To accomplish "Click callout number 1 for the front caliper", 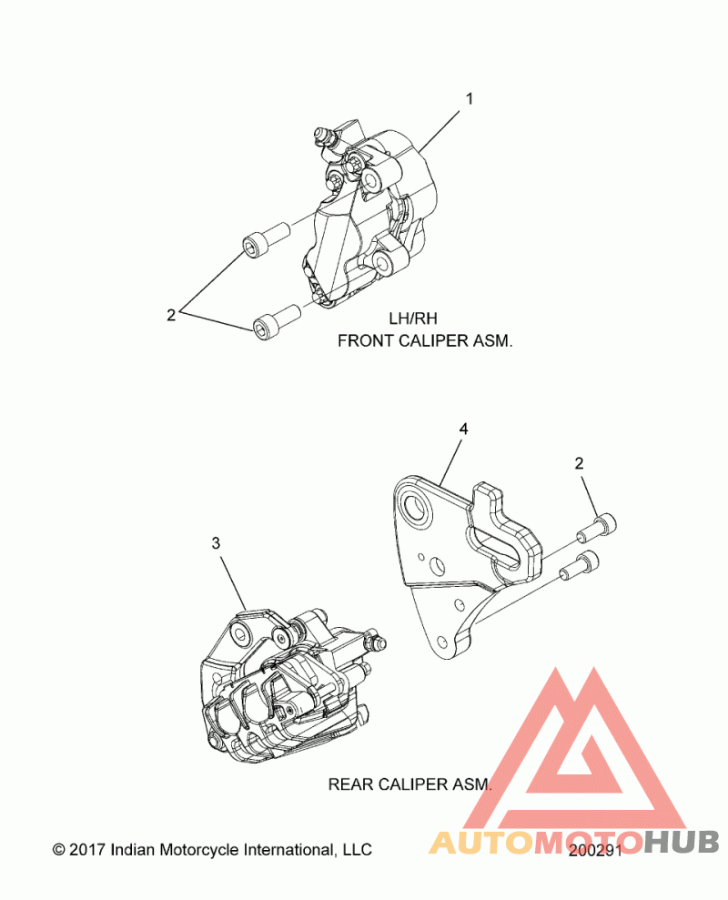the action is tap(469, 99).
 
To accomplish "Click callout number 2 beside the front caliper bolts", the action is tap(171, 315).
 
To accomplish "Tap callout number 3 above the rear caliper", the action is tap(216, 543).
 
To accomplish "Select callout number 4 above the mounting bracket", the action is tap(463, 430).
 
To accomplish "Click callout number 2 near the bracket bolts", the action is tap(579, 463).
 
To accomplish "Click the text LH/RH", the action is tap(413, 319).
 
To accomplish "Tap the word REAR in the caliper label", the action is tap(350, 784).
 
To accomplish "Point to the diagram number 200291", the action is tap(595, 850).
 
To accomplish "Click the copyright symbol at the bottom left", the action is tap(58, 850).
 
